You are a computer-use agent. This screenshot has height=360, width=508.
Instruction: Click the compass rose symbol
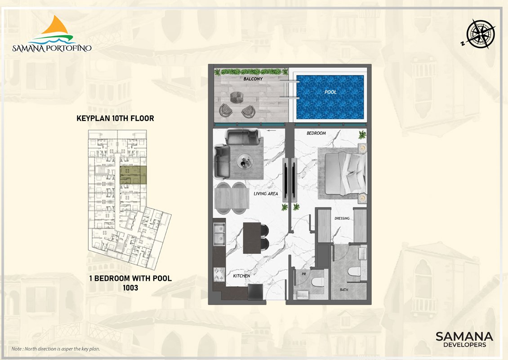[480, 34]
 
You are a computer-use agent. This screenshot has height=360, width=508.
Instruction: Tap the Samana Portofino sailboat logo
[52, 34]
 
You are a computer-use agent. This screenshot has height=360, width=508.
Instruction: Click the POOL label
[330, 92]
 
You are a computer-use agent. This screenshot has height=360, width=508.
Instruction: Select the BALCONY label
[253, 79]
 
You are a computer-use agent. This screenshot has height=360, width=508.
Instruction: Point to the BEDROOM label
[316, 133]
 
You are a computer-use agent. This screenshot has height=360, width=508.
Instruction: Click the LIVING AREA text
[266, 193]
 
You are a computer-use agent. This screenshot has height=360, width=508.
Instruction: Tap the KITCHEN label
[241, 276]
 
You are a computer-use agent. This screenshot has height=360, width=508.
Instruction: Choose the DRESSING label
[342, 218]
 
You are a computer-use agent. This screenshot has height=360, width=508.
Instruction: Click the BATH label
[344, 290]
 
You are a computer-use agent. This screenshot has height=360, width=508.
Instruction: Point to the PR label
[303, 274]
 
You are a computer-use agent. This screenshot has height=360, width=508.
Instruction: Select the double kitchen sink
[219, 234]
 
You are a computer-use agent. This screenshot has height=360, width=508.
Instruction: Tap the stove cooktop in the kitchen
[219, 274]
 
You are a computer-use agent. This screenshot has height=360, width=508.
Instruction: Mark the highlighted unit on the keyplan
[133, 175]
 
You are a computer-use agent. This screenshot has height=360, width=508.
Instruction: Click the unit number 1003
[130, 288]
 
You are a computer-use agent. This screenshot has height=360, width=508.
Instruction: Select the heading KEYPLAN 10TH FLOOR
[116, 118]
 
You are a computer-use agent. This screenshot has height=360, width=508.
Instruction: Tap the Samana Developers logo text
[464, 339]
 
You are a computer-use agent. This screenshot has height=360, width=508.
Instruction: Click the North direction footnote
[56, 349]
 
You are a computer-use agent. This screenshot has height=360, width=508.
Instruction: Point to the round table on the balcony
[236, 97]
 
